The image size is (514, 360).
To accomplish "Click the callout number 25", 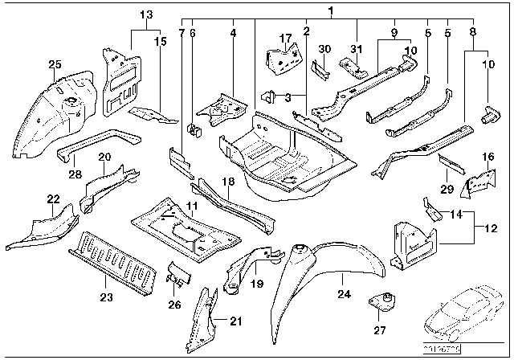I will pyautogui.click(x=55, y=64).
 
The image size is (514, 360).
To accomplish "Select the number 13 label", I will pyautogui.click(x=145, y=15).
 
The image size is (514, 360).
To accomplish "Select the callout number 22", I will pyautogui.click(x=53, y=198).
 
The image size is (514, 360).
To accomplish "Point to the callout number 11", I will pyautogui.click(x=191, y=207).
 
